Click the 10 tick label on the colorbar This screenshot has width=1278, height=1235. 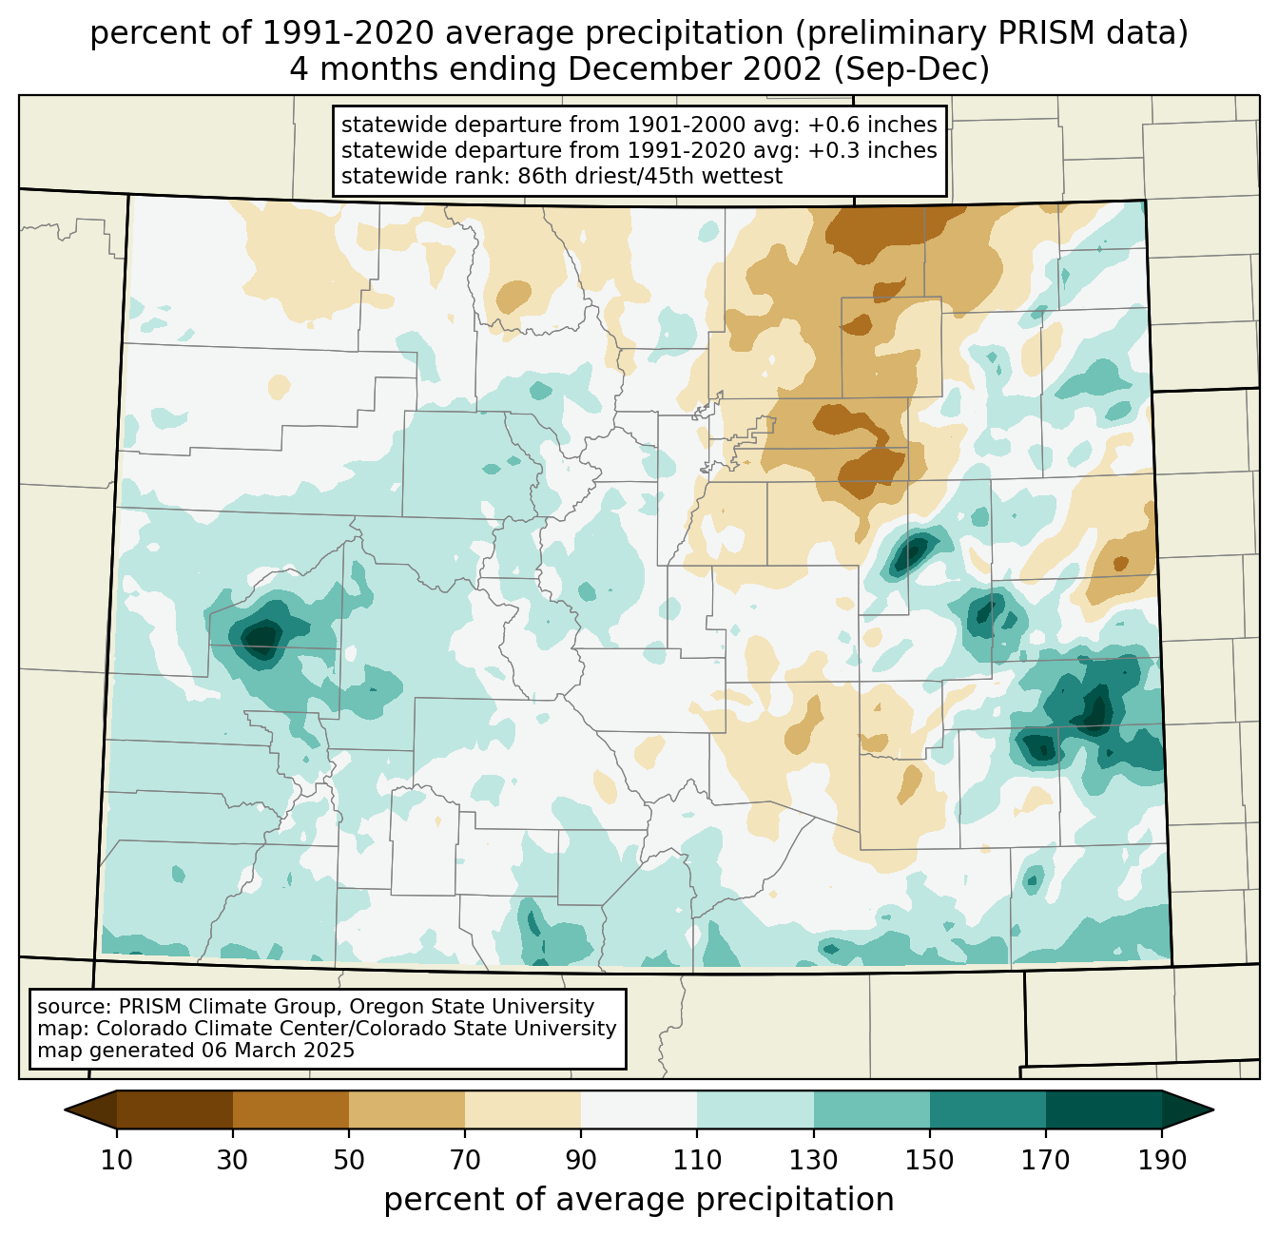(x=117, y=1161)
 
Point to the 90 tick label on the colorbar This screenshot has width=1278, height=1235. (x=581, y=1161)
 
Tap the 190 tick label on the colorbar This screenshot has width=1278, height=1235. (x=1162, y=1161)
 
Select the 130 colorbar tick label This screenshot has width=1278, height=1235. (x=814, y=1161)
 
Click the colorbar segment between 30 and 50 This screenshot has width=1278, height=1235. (x=291, y=1110)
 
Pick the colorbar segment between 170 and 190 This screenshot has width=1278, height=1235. (x=1104, y=1110)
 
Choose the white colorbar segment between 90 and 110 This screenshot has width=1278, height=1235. (x=639, y=1110)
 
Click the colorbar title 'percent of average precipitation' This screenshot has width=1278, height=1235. (x=639, y=1200)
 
